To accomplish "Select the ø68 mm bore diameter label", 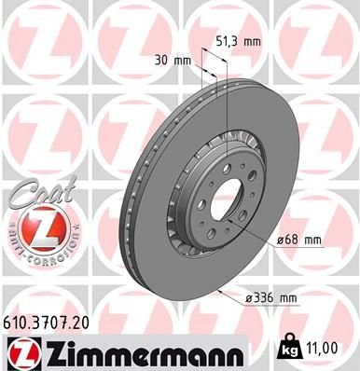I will [x=299, y=240].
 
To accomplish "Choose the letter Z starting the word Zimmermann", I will [x=46, y=351].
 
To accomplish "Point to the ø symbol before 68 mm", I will [x=281, y=240].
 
